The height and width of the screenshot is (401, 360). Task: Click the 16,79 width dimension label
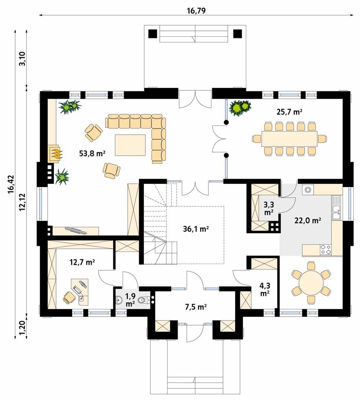(x=196, y=11)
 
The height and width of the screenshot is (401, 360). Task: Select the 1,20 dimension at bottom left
(x=22, y=328)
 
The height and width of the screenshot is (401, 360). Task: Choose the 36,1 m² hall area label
(x=196, y=229)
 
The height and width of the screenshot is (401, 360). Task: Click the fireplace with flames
(x=55, y=153)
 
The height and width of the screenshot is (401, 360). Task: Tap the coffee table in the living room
(x=130, y=145)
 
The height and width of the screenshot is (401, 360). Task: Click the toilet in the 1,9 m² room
(x=143, y=300)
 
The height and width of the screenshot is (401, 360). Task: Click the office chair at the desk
(x=68, y=297)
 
